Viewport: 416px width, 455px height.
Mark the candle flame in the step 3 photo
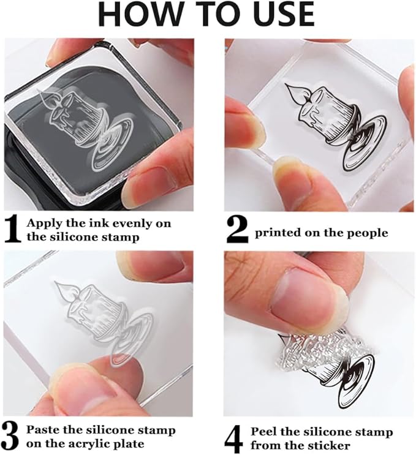pos(63,288)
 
